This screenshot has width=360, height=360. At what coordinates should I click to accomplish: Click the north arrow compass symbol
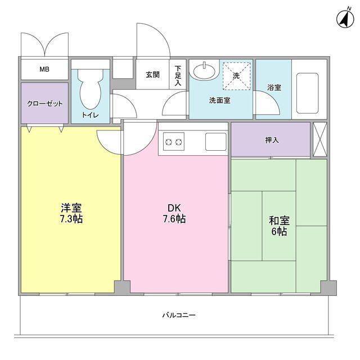point(343,19)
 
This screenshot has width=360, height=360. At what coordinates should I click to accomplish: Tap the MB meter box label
point(44,70)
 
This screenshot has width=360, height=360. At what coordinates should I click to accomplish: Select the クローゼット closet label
point(45,104)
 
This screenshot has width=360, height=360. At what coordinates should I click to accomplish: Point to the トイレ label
point(90,115)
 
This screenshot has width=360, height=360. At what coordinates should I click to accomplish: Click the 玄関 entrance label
point(152,74)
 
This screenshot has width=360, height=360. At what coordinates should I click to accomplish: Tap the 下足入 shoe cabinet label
point(178,75)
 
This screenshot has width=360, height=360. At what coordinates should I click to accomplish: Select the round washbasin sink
point(202,71)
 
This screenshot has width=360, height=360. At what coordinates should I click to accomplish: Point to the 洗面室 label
point(219,101)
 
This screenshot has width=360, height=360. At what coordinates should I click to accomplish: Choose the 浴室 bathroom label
point(274,88)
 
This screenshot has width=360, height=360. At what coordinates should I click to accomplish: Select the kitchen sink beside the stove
point(215,141)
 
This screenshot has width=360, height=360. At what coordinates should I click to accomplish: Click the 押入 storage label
point(272,139)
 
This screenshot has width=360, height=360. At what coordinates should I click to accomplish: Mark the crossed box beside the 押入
point(319,139)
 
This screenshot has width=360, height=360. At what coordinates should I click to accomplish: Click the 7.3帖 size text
point(71,219)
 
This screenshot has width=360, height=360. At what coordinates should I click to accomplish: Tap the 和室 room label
point(278,220)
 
